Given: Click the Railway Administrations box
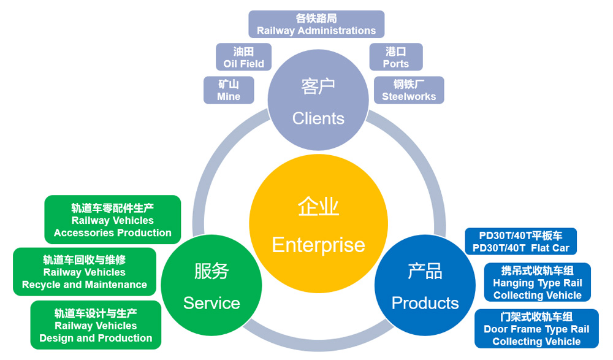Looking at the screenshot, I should click(x=316, y=25).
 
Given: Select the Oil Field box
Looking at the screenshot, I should click(x=243, y=57).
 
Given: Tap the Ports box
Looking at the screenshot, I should click(x=395, y=57).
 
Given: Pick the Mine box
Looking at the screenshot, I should click(x=229, y=90).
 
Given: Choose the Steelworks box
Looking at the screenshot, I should click(x=409, y=90).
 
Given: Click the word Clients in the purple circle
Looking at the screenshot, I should click(x=318, y=118).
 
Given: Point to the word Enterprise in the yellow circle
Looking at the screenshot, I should click(x=318, y=245).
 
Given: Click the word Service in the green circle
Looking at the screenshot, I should click(x=211, y=302).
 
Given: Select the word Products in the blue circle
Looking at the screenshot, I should click(x=425, y=302).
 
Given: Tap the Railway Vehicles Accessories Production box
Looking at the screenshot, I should click(x=113, y=220).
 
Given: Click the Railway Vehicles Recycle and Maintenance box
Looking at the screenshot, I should click(x=85, y=272).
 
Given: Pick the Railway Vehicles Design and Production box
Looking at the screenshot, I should click(x=96, y=325).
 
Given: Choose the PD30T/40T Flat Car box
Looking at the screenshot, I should click(x=521, y=242).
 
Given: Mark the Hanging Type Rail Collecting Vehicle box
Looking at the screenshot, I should click(x=537, y=283).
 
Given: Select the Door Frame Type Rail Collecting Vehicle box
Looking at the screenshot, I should click(x=536, y=329).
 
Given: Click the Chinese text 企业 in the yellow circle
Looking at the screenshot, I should click(x=318, y=207).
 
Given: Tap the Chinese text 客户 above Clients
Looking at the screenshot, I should click(x=318, y=86).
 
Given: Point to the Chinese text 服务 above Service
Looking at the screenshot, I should click(x=211, y=271).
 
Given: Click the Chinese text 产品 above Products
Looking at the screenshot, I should click(x=425, y=271).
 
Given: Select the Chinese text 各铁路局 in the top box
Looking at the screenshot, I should click(x=316, y=18).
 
